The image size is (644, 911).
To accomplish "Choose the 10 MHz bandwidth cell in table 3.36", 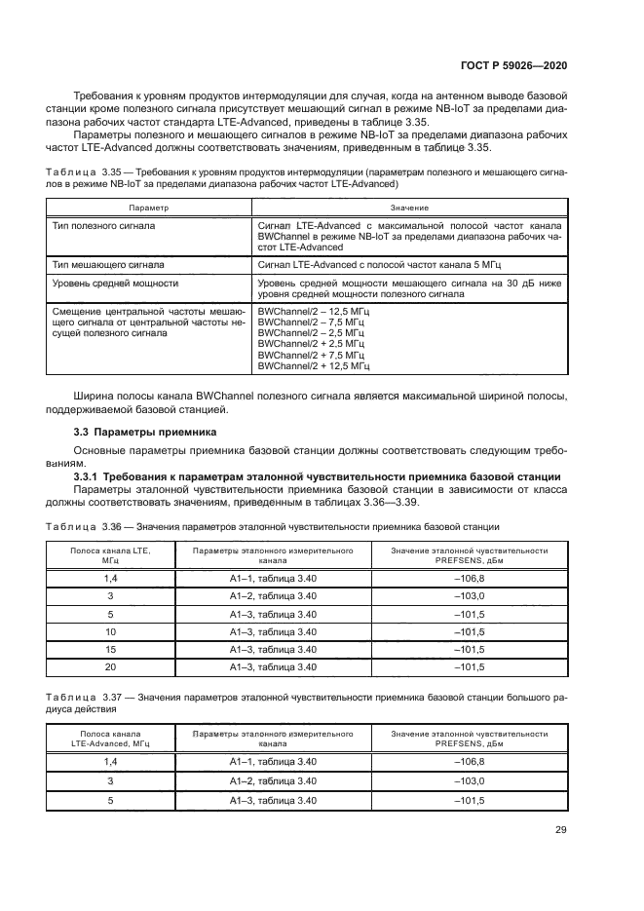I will (110, 630).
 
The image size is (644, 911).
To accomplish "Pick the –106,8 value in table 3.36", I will (470, 578).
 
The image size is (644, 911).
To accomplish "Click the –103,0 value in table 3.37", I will (470, 781).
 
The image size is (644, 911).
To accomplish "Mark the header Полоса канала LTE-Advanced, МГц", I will (110, 738).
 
